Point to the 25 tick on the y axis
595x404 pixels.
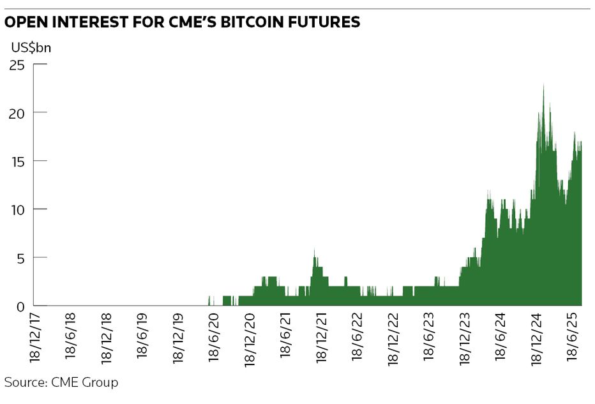click(x=17, y=64)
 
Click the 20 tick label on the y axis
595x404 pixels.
click(x=17, y=112)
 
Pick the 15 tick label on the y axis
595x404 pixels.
click(x=17, y=161)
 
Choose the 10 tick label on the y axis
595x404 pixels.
click(x=17, y=209)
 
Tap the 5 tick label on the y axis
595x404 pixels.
click(x=20, y=258)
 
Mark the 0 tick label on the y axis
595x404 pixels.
click(x=20, y=306)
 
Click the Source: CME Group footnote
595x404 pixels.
click(x=61, y=383)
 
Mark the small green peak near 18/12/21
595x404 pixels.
click(x=314, y=250)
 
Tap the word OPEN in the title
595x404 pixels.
click(x=26, y=22)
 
